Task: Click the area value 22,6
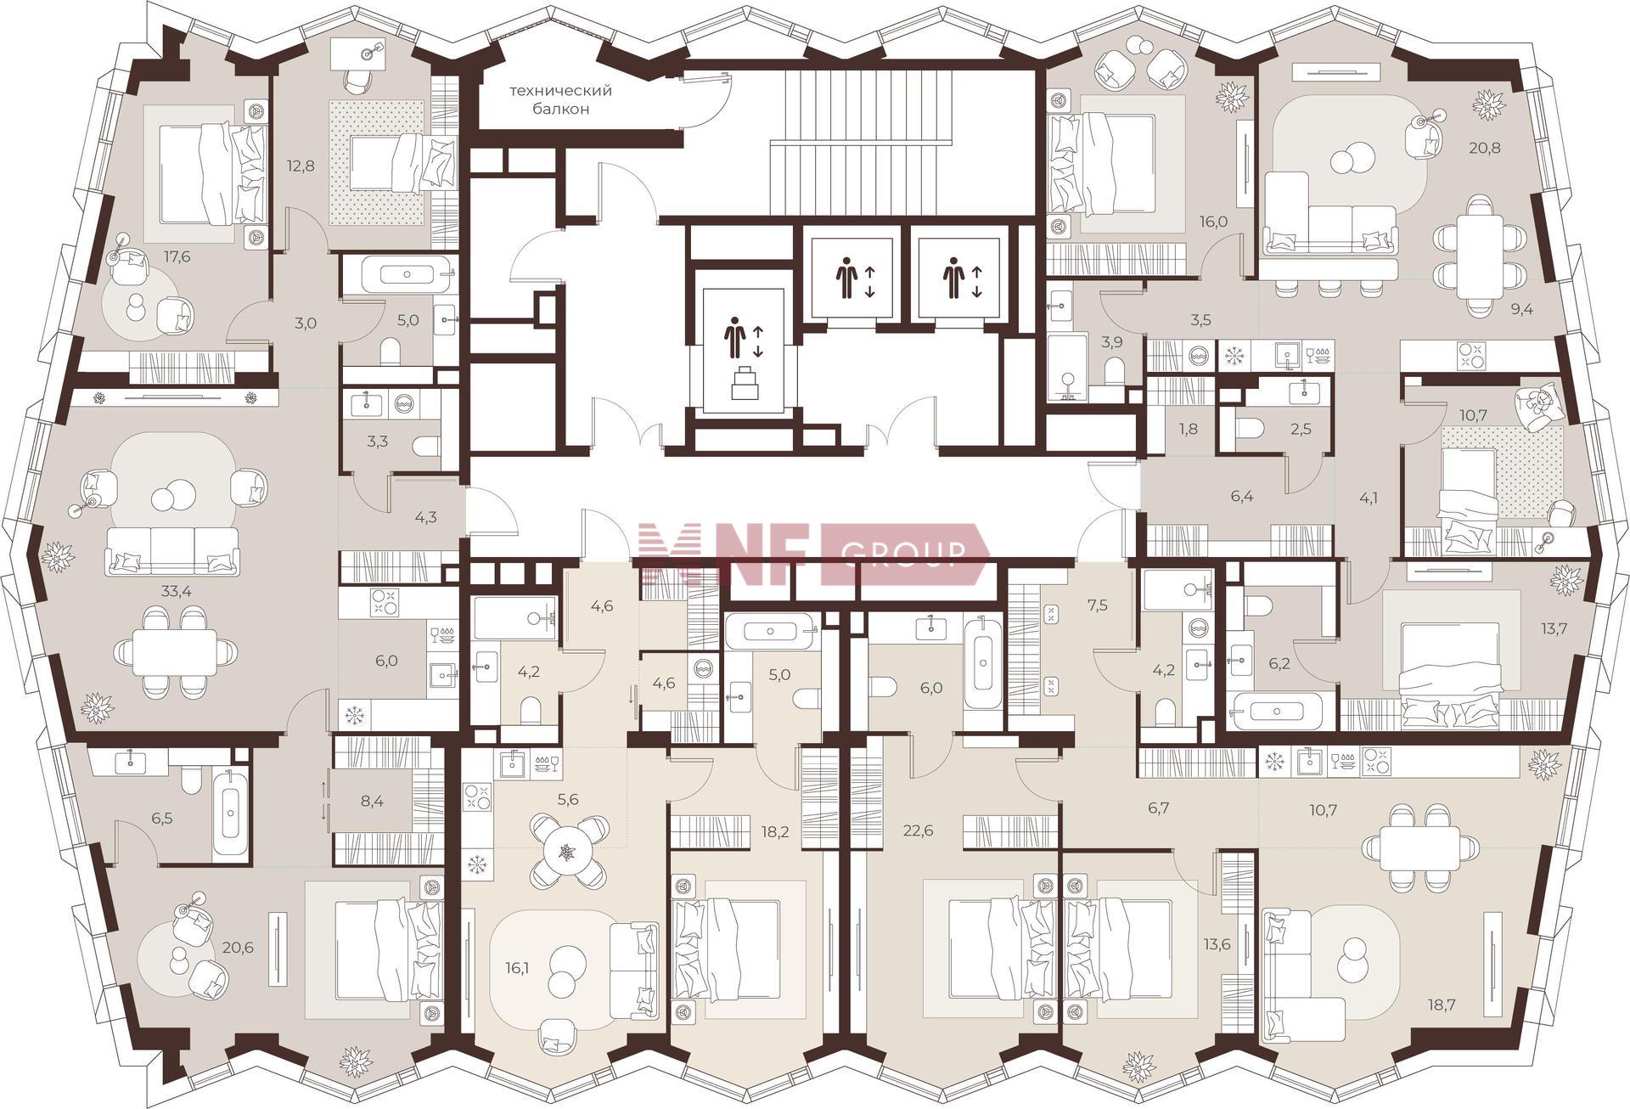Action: (x=919, y=830)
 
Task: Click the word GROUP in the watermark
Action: (x=902, y=554)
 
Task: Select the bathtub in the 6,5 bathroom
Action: (x=230, y=812)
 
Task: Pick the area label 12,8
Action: (x=301, y=166)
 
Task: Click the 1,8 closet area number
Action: (x=1189, y=429)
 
